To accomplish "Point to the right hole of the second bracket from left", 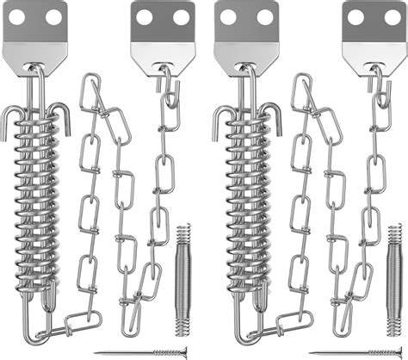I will coord(162,16).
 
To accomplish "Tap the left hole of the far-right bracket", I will coord(351,16).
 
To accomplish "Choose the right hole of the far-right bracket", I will coord(373,16).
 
